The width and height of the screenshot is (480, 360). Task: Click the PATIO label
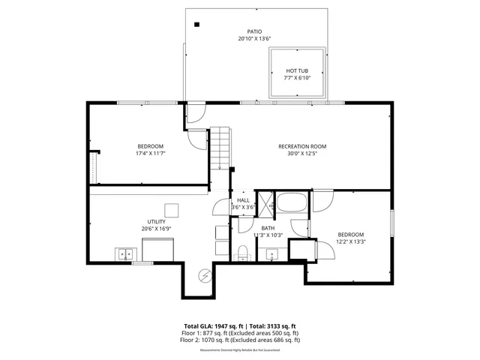(x=254, y=31)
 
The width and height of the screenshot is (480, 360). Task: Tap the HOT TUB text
(x=296, y=70)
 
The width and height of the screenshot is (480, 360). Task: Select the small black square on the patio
(x=197, y=25)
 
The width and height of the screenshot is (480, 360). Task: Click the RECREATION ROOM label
(x=302, y=146)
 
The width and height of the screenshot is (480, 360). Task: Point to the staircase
(x=219, y=148)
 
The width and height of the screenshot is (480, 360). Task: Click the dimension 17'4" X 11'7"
(x=150, y=153)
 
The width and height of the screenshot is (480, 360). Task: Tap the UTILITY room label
(x=156, y=221)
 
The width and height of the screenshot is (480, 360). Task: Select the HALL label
(x=243, y=200)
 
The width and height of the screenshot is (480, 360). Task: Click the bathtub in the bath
(x=289, y=203)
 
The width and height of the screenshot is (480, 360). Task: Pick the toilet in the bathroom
(x=242, y=251)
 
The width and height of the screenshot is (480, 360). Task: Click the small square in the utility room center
(x=172, y=210)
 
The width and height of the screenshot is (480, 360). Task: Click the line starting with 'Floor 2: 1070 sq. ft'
(x=239, y=340)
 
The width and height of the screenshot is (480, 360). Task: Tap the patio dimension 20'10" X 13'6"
(x=254, y=39)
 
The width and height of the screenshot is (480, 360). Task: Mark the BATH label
(x=268, y=228)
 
